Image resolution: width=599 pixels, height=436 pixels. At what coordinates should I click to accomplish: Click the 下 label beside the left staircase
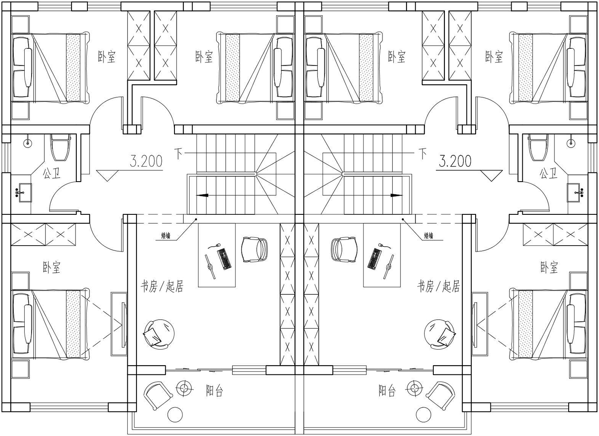pyautogui.click(x=179, y=154)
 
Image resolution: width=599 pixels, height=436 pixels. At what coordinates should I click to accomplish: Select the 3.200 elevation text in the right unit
pyautogui.click(x=455, y=162)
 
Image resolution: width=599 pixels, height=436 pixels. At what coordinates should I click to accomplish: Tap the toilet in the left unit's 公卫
pyautogui.click(x=61, y=147)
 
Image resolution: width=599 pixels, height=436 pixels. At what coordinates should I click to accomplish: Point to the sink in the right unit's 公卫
pyautogui.click(x=573, y=193)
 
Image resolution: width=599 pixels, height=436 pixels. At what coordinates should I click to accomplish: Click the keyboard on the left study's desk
pyautogui.click(x=224, y=259)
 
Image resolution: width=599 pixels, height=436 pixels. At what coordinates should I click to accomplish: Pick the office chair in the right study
pyautogui.click(x=344, y=250)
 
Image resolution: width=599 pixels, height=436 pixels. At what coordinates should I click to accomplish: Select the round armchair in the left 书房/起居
pyautogui.click(x=159, y=334)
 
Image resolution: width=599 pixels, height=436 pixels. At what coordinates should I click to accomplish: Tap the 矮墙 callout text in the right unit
pyautogui.click(x=428, y=236)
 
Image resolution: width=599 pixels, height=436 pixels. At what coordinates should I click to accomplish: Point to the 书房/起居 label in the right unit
pyautogui.click(x=438, y=286)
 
